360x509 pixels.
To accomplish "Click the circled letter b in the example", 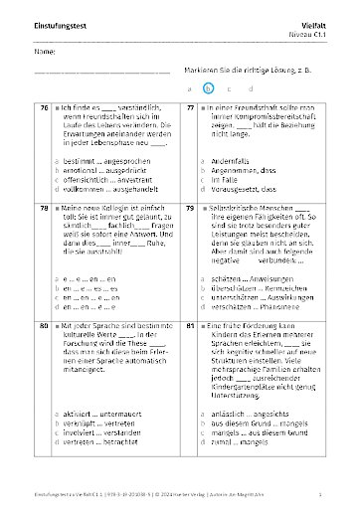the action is click(208, 87).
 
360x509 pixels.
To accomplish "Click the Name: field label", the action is click(44, 51).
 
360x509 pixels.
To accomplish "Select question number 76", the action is click(44, 106).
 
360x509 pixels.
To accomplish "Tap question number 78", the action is click(44, 207).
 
